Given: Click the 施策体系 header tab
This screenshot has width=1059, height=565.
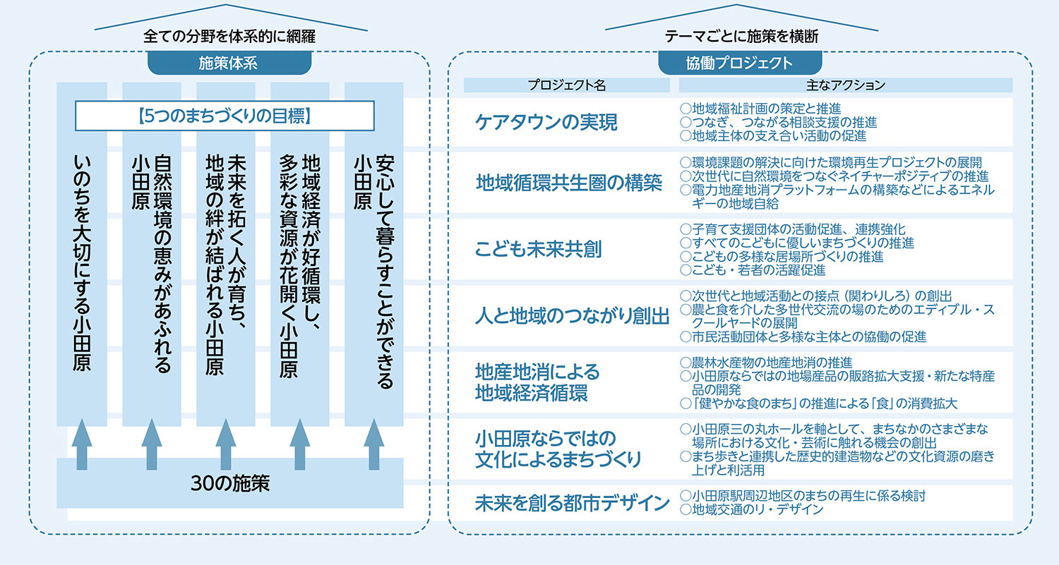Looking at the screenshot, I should pyautogui.click(x=229, y=62).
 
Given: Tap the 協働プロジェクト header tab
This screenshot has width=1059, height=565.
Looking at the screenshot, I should pyautogui.click(x=739, y=63).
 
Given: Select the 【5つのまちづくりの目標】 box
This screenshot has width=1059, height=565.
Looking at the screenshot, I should pyautogui.click(x=224, y=116).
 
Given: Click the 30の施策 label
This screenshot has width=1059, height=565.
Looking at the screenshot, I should pyautogui.click(x=230, y=483).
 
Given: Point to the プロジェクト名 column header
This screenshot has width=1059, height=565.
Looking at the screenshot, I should pyautogui.click(x=567, y=85).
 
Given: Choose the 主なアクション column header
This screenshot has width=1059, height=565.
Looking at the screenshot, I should pyautogui.click(x=845, y=85).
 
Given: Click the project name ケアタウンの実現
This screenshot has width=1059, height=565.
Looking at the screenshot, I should pyautogui.click(x=546, y=122).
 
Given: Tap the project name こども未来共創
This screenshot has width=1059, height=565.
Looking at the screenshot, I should pyautogui.click(x=538, y=250).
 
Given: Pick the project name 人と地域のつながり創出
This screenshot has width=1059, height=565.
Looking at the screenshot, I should pyautogui.click(x=572, y=316).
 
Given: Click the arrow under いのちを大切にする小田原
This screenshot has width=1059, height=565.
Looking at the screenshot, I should pyautogui.click(x=82, y=444).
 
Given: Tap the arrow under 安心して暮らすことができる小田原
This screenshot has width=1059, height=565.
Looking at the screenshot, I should pyautogui.click(x=374, y=444).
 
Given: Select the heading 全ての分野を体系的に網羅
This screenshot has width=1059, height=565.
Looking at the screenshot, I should pyautogui.click(x=230, y=36).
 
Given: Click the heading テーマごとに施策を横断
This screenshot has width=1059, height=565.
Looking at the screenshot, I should pyautogui.click(x=741, y=36).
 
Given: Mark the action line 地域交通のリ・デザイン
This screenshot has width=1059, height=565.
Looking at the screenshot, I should pyautogui.click(x=757, y=509).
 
